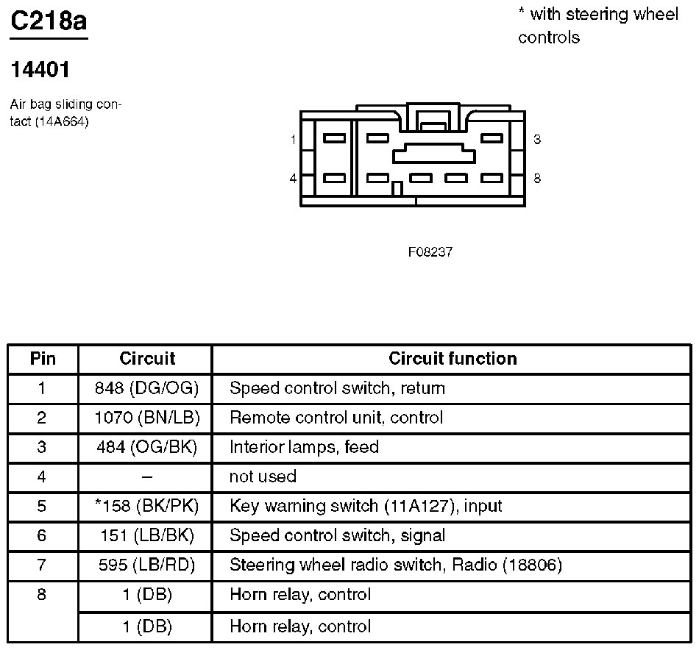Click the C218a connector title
click(x=48, y=21)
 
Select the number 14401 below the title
click(x=40, y=71)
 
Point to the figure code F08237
click(x=430, y=252)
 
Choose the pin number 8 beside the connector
click(x=538, y=179)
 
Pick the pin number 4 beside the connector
click(x=293, y=179)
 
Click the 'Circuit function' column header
click(x=453, y=359)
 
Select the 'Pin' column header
click(x=43, y=359)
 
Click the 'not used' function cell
click(x=263, y=476)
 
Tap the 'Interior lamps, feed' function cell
click(x=304, y=447)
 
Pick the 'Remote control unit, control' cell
click(x=336, y=418)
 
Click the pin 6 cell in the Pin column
click(x=42, y=535)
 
